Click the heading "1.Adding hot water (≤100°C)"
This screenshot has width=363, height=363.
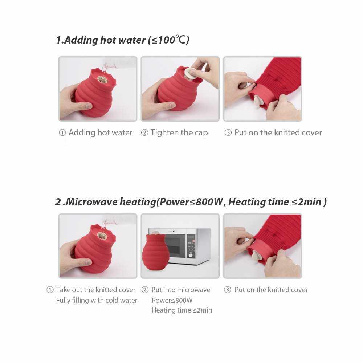click(122, 40)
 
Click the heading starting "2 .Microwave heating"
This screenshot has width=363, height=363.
click(191, 202)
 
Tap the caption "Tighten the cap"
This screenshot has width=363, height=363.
click(179, 132)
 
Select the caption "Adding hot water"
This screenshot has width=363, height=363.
click(101, 132)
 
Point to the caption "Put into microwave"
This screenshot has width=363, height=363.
click(181, 290)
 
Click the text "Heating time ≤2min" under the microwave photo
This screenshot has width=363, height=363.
click(182, 310)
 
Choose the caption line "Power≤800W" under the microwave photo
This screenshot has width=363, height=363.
click(172, 300)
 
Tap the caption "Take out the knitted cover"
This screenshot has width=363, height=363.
click(95, 290)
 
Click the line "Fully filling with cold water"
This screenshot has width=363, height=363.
click(97, 300)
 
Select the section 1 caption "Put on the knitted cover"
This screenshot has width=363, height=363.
click(278, 132)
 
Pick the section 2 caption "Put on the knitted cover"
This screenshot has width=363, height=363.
click(271, 290)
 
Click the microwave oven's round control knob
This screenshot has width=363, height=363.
click(191, 255)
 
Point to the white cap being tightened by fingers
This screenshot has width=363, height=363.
click(190, 73)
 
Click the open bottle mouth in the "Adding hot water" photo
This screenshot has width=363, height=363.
click(102, 79)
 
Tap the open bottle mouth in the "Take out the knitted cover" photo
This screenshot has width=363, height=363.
click(102, 236)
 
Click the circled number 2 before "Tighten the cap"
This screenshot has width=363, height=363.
click(144, 132)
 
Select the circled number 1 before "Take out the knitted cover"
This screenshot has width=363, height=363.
click(50, 290)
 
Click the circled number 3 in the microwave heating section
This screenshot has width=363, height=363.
click(228, 290)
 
